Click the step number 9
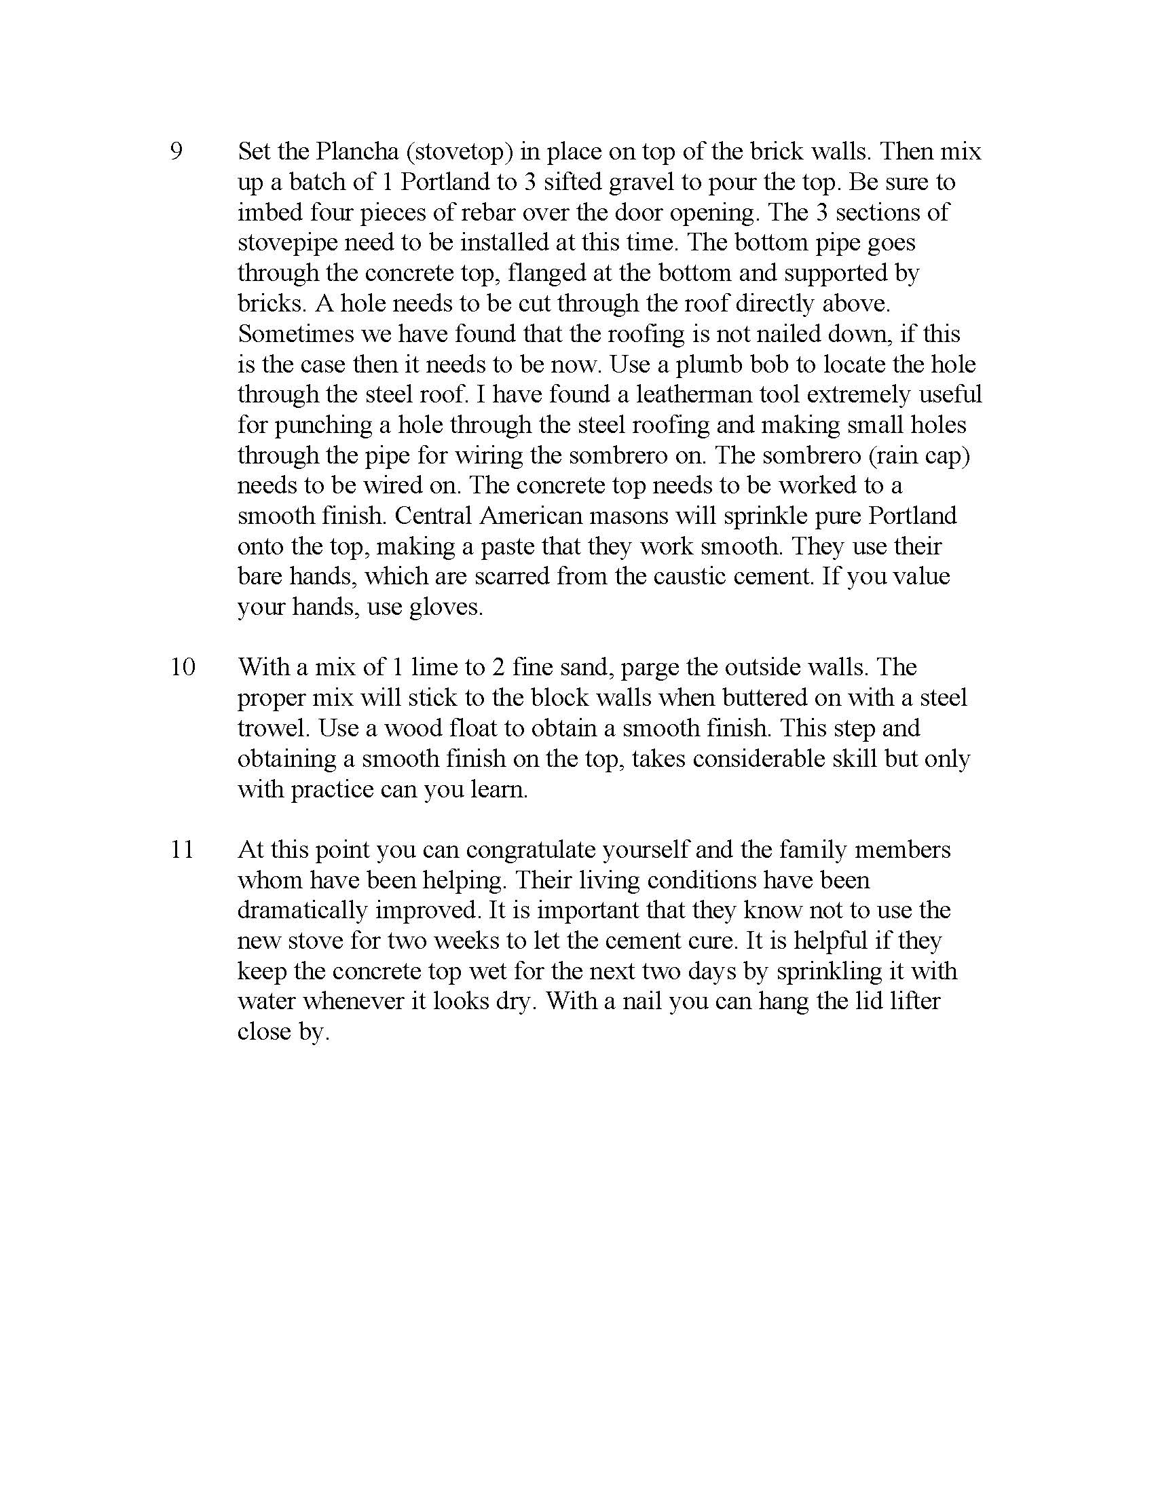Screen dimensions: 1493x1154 (176, 152)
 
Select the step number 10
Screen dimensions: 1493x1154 (183, 666)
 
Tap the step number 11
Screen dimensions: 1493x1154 (183, 850)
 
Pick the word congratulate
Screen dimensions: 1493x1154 (531, 850)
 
